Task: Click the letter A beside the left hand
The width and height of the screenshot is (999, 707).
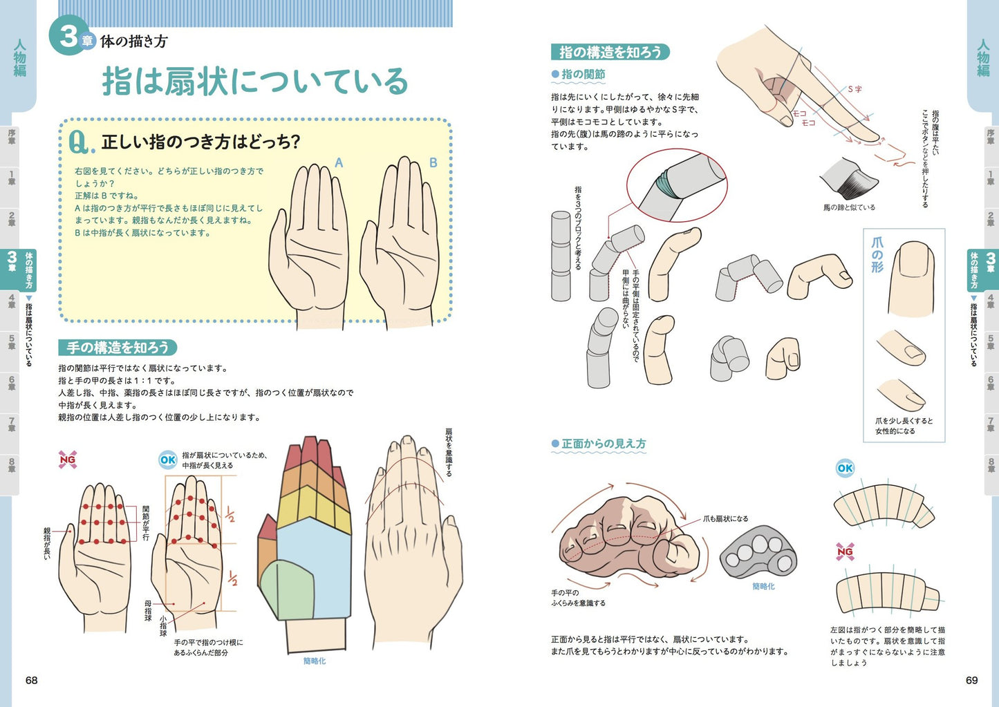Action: (x=339, y=163)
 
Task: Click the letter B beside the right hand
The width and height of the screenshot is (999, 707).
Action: (x=433, y=163)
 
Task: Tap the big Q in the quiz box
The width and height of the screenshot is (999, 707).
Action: (x=80, y=142)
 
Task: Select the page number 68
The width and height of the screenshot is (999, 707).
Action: (x=32, y=680)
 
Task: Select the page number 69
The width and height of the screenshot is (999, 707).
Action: (x=972, y=680)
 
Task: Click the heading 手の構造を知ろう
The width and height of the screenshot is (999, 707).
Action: (x=118, y=347)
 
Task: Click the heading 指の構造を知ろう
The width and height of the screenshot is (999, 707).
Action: (x=610, y=52)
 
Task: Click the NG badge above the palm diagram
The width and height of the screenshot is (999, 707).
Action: (x=68, y=459)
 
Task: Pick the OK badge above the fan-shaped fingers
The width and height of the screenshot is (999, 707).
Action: (x=168, y=460)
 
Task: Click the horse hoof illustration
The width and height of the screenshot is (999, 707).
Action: (x=850, y=178)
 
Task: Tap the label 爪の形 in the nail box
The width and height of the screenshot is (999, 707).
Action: (x=877, y=254)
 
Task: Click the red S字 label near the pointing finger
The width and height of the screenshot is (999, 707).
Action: (x=855, y=89)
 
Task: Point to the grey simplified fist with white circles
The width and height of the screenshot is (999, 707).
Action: (x=758, y=553)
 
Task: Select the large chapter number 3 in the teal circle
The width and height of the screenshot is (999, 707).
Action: (x=68, y=36)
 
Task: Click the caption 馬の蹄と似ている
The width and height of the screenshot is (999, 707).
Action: (x=849, y=207)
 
